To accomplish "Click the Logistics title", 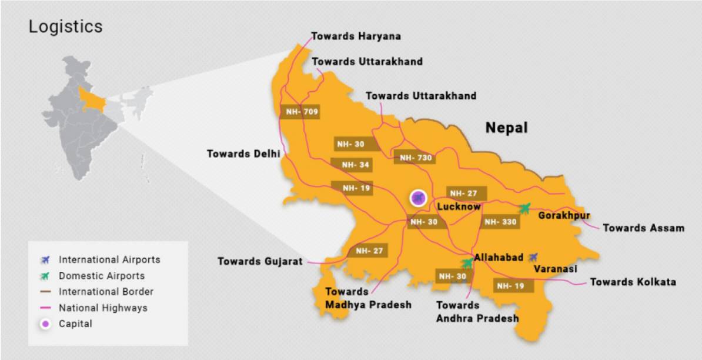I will click(66, 27).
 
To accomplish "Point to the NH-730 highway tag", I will click(416, 158).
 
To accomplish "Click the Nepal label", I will click(506, 128).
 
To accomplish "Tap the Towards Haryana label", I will click(356, 36).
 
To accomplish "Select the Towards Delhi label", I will click(243, 154).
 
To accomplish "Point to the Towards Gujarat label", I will click(260, 261).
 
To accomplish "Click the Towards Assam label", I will click(644, 228).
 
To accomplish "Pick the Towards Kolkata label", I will click(633, 282).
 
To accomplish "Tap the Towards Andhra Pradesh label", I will click(477, 312).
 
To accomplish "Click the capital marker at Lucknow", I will click(418, 198).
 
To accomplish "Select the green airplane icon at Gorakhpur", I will click(525, 208).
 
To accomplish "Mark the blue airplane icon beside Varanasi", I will click(533, 256).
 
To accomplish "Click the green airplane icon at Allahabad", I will click(467, 263).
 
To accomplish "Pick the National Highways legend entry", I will click(102, 308).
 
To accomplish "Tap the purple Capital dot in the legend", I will click(46, 324).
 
